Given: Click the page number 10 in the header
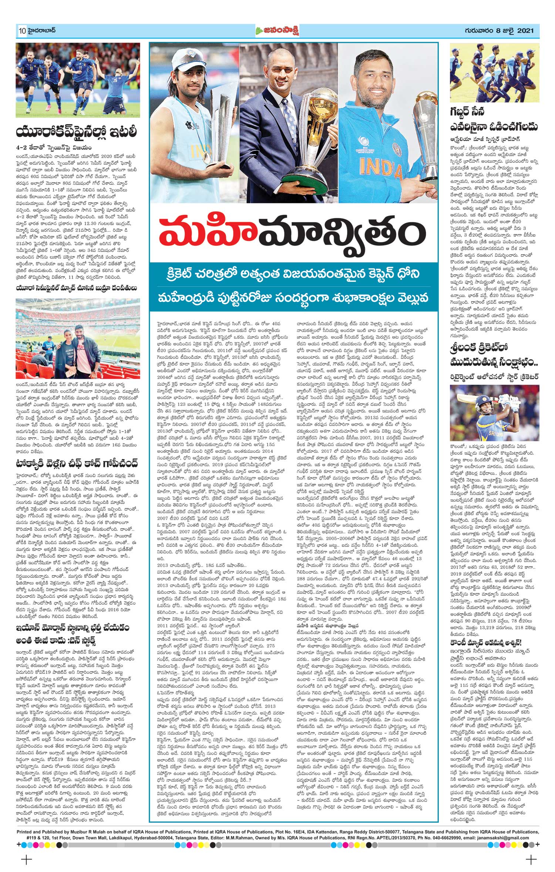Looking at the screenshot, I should pos(21,31).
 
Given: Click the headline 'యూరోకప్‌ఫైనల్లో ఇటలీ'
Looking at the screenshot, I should pos(77,132).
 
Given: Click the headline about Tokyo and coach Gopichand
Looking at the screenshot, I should pos(77,464).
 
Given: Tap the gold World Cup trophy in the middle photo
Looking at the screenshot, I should pos(318,118).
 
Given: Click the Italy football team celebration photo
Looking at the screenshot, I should pos(78,80).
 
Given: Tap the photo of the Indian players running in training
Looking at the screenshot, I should pos(494,73).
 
